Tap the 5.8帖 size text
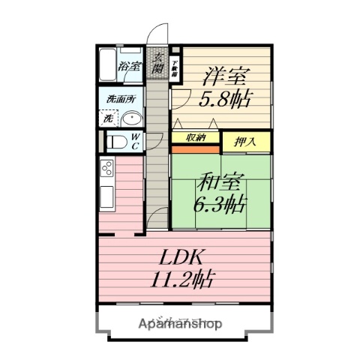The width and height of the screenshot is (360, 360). tap(224, 98)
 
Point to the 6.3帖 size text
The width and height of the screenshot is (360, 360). tap(218, 204)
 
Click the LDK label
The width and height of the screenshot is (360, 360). tap(183, 256)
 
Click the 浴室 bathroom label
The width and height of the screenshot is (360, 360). tap(130, 66)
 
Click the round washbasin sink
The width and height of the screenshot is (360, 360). tap(133, 118)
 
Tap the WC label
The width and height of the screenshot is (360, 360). tap(135, 141)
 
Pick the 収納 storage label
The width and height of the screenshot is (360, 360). tap(196, 136)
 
